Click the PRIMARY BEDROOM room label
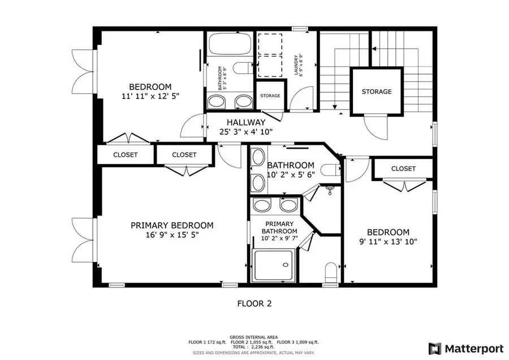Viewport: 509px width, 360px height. pos(172,225)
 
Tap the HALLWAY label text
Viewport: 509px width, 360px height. pos(246,122)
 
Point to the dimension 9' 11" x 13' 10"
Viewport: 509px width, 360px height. pos(388,242)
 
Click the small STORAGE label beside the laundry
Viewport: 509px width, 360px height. pos(270,96)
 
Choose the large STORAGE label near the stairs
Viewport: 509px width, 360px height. pos(377,92)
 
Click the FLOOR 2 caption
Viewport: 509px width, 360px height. pos(254,303)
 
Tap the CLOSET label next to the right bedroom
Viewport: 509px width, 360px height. pos(403,169)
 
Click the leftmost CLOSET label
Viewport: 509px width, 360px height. pos(125,155)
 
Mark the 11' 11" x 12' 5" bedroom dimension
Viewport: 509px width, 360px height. pos(150,96)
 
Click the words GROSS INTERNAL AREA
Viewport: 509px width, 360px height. pos(254,336)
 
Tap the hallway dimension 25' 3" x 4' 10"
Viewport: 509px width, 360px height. pos(246,132)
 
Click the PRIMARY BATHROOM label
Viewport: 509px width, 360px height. pos(278,228)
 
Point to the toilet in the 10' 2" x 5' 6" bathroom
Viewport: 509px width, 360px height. pos(331,169)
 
